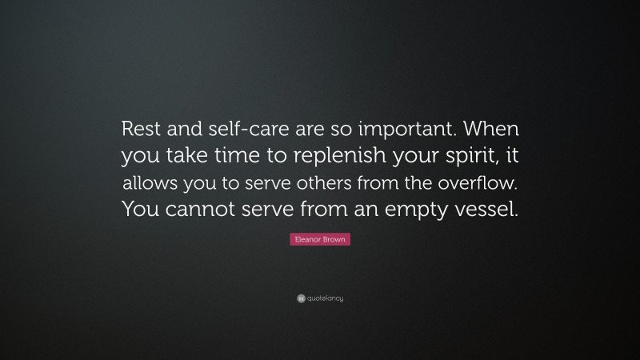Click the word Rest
pyautogui.click(x=138, y=129)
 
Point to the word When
pyautogui.click(x=482, y=129)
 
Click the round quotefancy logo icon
pyautogui.click(x=300, y=298)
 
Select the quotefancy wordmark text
pyautogui.click(x=325, y=298)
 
